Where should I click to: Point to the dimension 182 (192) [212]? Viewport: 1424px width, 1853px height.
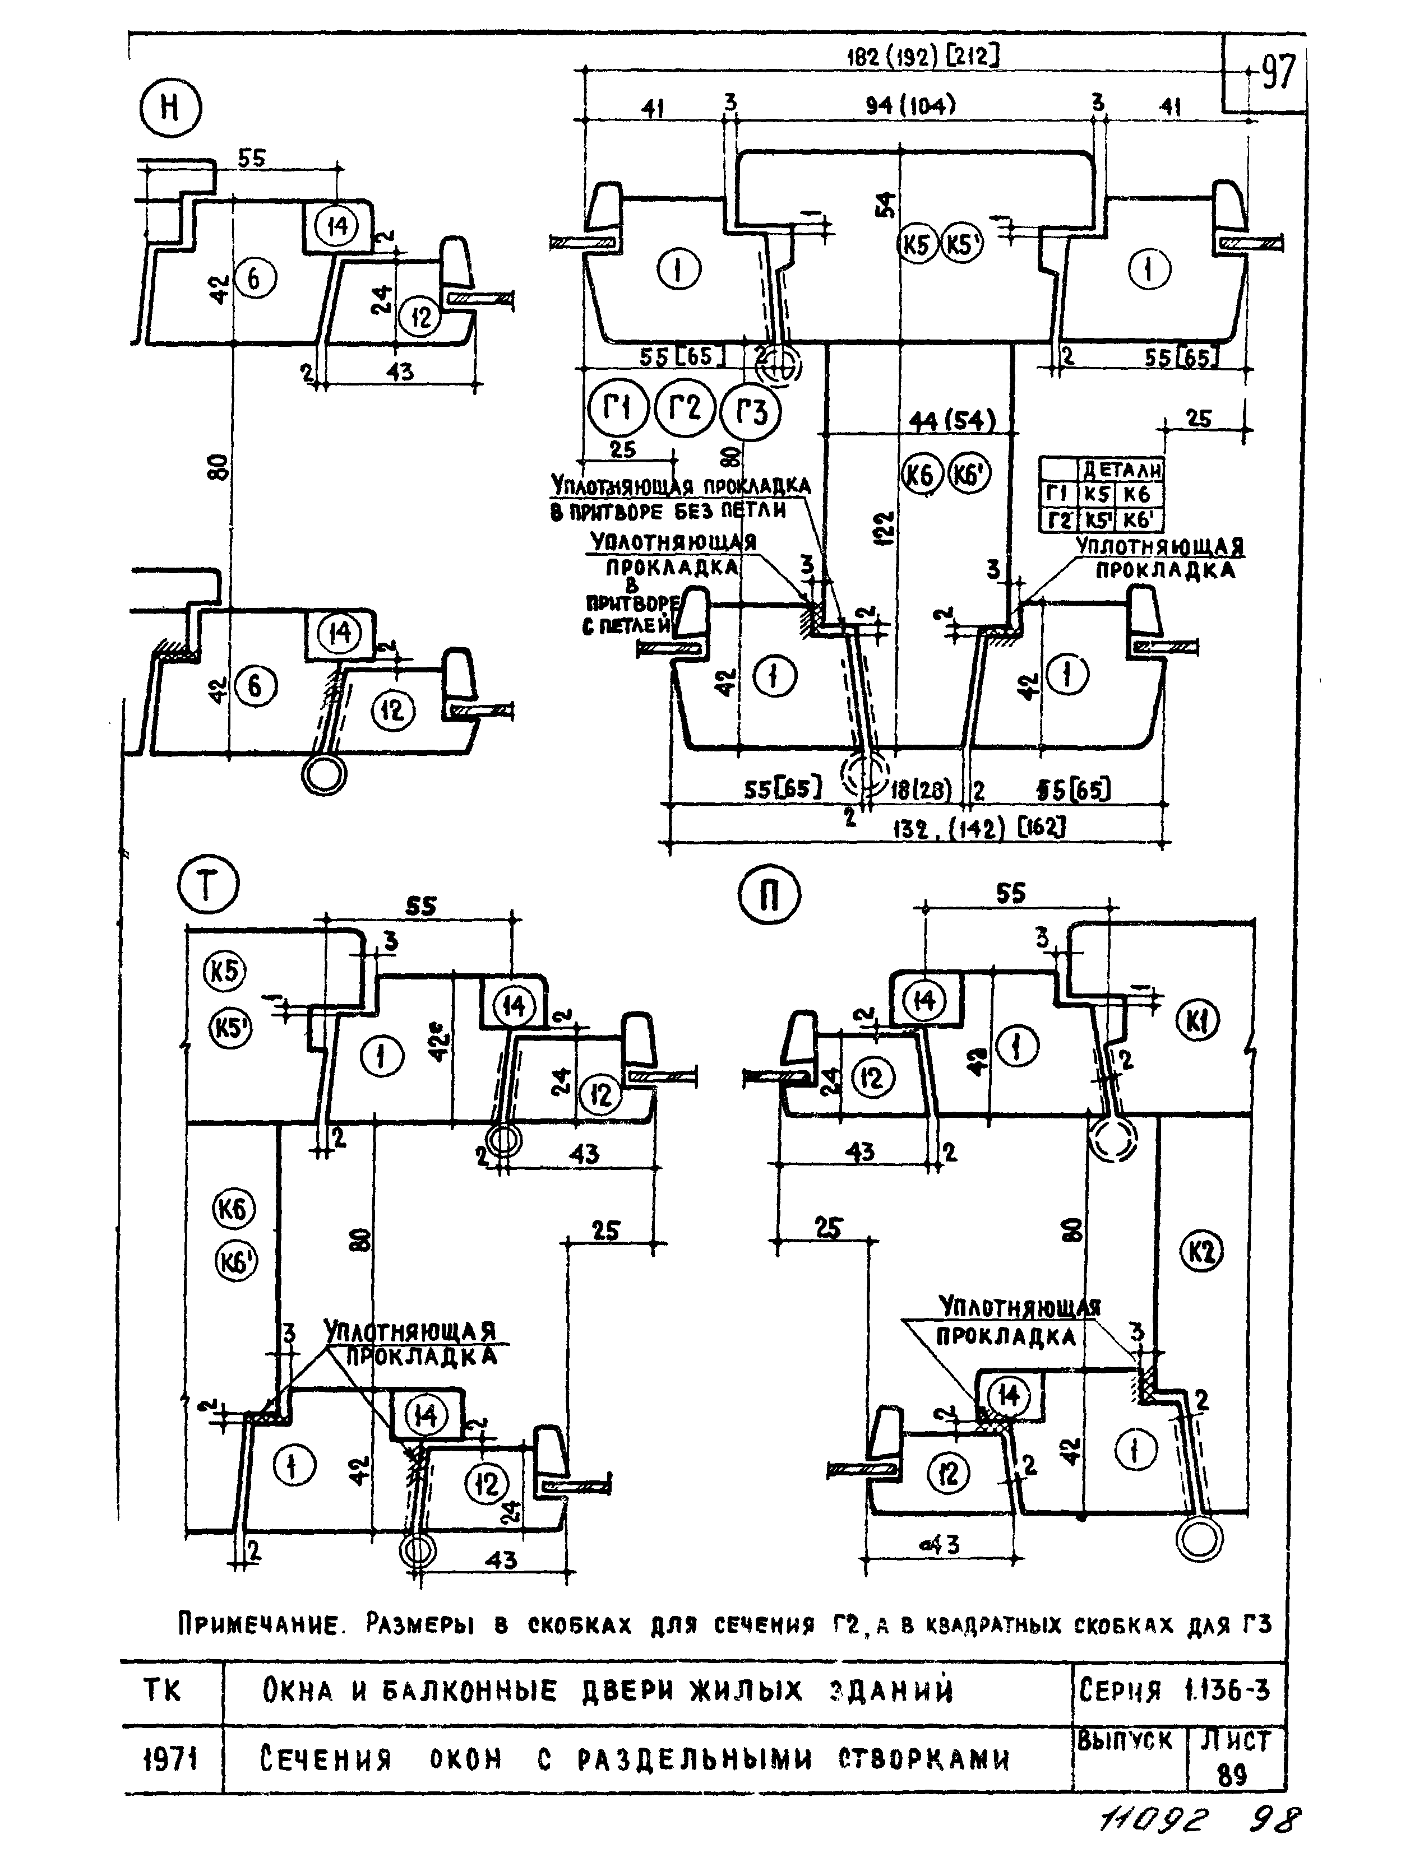(x=923, y=57)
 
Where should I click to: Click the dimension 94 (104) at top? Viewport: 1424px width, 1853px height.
(x=910, y=106)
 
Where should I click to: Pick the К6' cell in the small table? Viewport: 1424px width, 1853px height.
(x=1140, y=519)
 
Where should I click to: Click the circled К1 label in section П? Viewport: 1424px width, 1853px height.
(x=1197, y=1024)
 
